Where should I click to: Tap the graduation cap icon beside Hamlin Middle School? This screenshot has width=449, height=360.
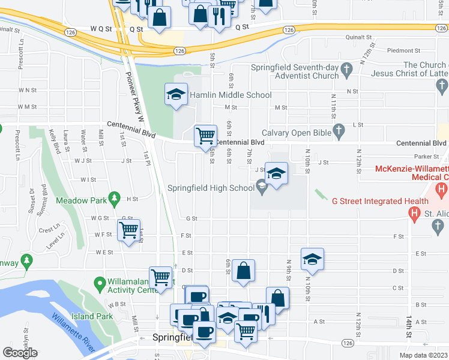pyautogui.click(x=175, y=94)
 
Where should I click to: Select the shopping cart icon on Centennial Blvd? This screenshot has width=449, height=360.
pyautogui.click(x=205, y=136)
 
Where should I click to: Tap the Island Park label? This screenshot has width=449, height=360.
pyautogui.click(x=92, y=316)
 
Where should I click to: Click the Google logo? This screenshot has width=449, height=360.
pyautogui.click(x=20, y=353)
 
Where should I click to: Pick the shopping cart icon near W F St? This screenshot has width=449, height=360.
pyautogui.click(x=129, y=230)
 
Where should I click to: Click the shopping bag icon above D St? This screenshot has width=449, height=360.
pyautogui.click(x=243, y=270)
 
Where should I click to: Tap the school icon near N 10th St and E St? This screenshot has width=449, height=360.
pyautogui.click(x=312, y=259)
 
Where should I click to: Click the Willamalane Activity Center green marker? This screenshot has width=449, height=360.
pyautogui.click(x=100, y=282)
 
